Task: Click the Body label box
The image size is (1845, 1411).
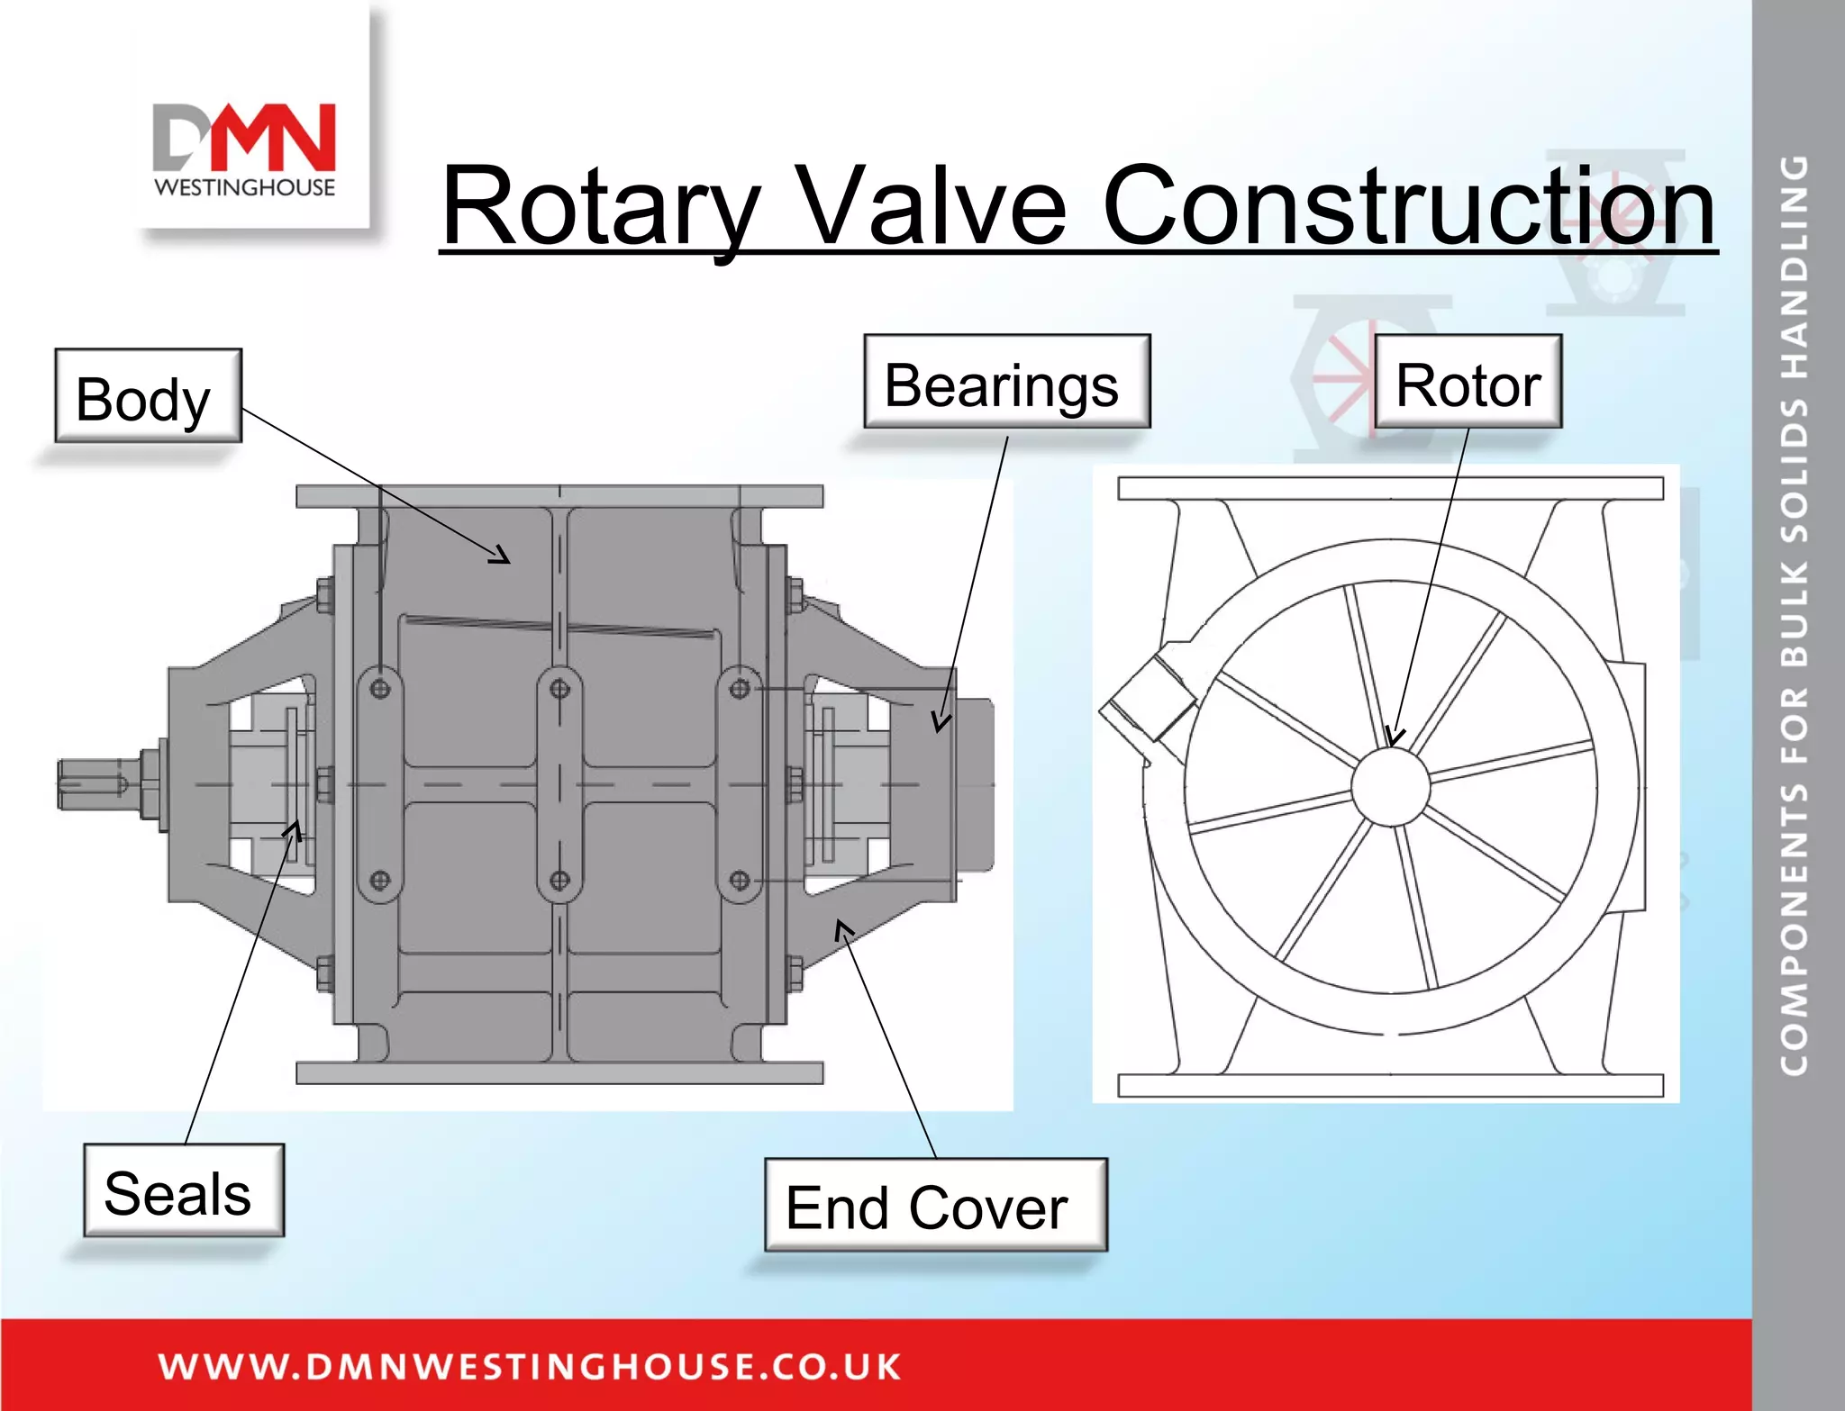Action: [148, 396]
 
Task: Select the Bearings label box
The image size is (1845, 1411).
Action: [1006, 382]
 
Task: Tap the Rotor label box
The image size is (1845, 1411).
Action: [1468, 382]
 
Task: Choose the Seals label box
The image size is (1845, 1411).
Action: [183, 1190]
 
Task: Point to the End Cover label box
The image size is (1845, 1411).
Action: [935, 1205]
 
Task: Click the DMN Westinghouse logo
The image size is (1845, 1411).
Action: [245, 149]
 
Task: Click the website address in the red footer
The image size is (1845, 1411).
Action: [530, 1366]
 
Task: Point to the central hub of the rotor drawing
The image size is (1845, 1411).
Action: [1390, 787]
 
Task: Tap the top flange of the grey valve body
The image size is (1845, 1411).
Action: [559, 496]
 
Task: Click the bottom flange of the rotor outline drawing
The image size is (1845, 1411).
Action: [1389, 1085]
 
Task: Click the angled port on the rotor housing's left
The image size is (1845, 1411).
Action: [1146, 699]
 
